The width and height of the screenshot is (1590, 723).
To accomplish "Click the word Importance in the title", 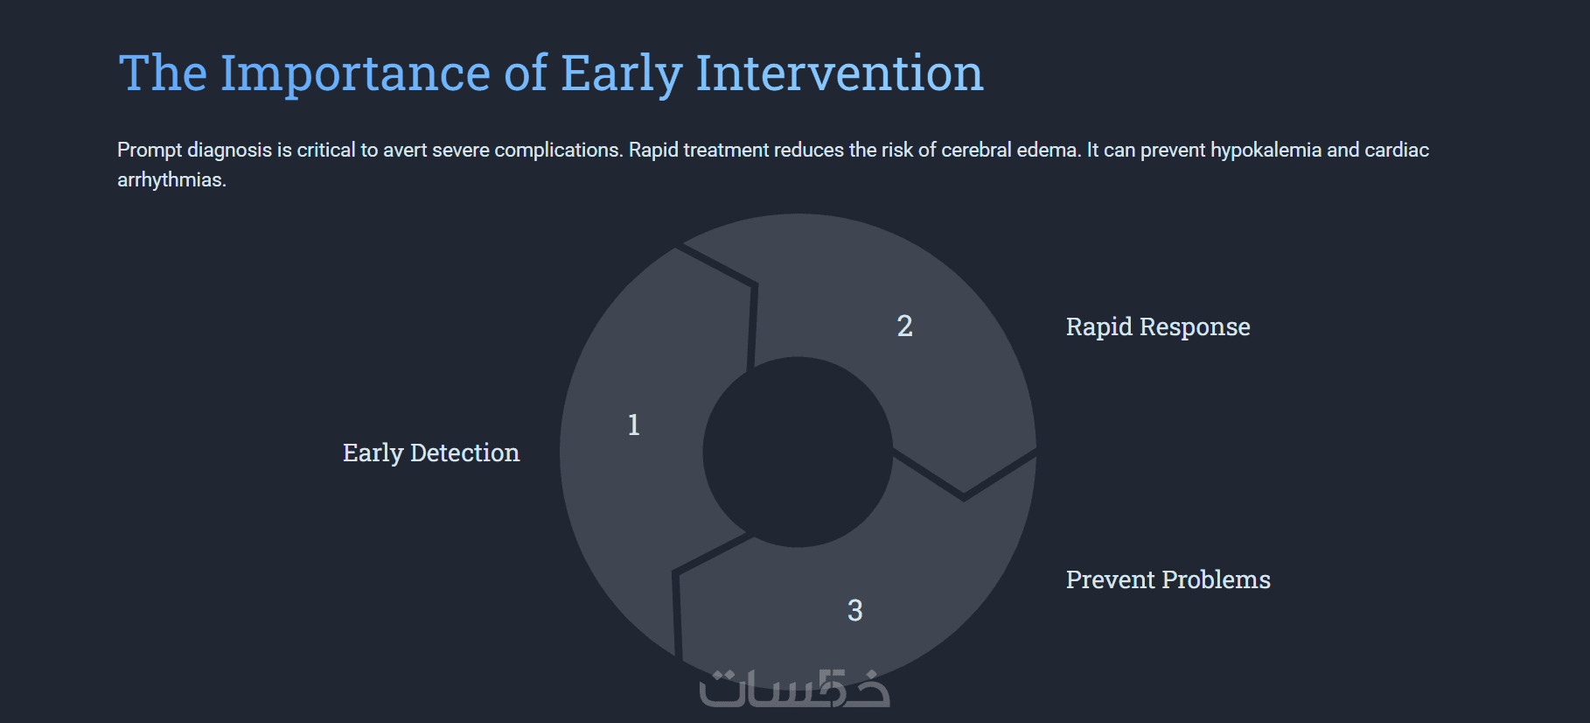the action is click(x=356, y=74).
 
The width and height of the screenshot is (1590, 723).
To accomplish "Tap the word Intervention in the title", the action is click(x=840, y=73).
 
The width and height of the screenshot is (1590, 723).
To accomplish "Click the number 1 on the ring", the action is click(x=634, y=425).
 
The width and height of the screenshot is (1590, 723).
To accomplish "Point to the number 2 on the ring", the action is click(x=905, y=326).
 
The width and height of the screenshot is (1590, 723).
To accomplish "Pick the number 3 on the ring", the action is click(x=855, y=610).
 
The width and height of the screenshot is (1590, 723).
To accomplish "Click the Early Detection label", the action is click(x=431, y=453).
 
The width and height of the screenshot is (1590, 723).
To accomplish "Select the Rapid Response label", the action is click(x=1158, y=326).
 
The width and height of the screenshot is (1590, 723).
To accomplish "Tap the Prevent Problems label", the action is click(x=1168, y=579).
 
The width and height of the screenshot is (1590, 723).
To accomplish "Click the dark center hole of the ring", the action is click(x=798, y=452).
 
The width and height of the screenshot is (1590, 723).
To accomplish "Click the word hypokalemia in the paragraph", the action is click(x=1266, y=151).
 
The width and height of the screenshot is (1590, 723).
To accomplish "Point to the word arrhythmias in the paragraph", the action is click(x=171, y=180).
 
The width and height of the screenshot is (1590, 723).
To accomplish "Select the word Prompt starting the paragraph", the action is click(x=150, y=151).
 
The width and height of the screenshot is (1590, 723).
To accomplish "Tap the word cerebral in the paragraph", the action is click(x=976, y=150).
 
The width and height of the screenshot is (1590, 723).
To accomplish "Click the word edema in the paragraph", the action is click(x=1049, y=150).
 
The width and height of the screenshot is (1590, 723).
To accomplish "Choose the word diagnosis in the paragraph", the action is click(x=230, y=151).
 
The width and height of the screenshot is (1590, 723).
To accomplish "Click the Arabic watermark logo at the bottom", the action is click(x=794, y=688).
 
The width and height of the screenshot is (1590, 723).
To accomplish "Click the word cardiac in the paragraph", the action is click(x=1397, y=150).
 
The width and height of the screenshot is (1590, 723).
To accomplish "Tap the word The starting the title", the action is click(x=163, y=73).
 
